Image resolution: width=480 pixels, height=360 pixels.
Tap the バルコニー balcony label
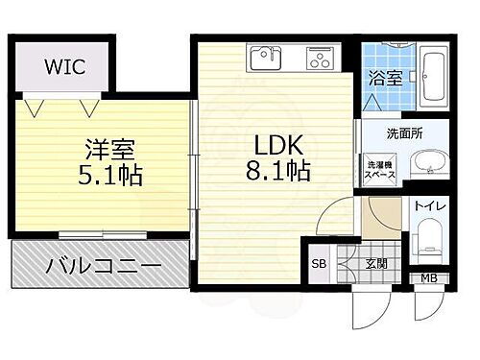(100, 263)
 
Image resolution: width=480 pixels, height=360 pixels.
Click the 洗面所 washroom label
(405, 132)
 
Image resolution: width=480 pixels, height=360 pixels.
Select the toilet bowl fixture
(427, 240)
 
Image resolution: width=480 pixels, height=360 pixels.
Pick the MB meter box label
(428, 278)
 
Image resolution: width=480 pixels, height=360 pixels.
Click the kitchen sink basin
(263, 59)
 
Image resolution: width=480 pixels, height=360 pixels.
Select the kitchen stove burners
(318, 59)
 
